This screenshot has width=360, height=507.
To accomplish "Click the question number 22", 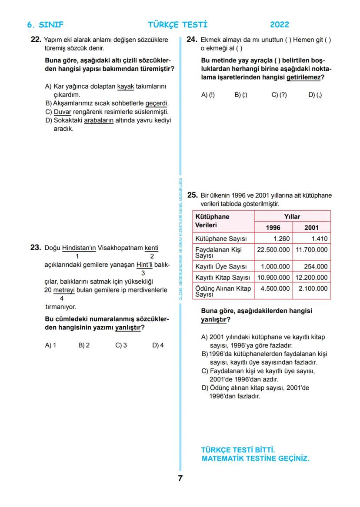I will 36,40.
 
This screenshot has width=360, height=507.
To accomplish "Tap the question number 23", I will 36,248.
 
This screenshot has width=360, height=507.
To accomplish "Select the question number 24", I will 193,40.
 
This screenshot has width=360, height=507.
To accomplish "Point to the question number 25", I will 193,195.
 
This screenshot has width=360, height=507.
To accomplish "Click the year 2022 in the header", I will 279,25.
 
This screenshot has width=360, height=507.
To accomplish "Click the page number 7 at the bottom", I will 180,478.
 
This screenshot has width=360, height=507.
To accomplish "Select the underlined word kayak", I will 126,86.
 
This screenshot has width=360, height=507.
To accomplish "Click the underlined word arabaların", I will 99,120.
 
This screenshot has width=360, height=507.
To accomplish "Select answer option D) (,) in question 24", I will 315,95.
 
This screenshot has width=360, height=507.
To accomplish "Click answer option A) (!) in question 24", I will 208,95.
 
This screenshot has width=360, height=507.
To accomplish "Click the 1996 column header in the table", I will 273,227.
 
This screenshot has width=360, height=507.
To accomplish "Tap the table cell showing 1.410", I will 319,239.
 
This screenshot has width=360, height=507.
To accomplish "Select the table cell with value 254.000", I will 316,266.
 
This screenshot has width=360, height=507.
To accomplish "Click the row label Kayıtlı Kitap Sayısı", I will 223,277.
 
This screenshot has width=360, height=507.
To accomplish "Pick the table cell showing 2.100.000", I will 313,288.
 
